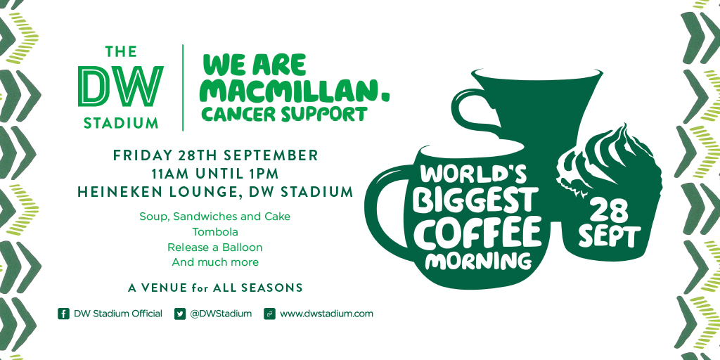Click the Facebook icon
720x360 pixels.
click(x=63, y=314)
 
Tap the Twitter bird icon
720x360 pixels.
click(x=180, y=314)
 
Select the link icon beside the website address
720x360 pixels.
click(x=269, y=314)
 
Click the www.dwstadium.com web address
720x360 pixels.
click(x=326, y=314)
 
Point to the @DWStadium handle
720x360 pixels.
click(x=221, y=314)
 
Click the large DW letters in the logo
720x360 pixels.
click(x=120, y=86)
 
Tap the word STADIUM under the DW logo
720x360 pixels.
click(x=121, y=123)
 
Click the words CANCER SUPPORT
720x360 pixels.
click(x=285, y=115)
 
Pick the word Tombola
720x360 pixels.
click(x=215, y=231)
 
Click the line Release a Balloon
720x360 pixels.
click(x=215, y=247)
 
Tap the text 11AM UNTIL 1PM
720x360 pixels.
click(x=215, y=174)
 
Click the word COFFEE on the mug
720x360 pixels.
click(x=481, y=233)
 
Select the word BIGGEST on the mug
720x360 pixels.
click(x=475, y=202)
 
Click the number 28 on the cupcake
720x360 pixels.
click(x=608, y=211)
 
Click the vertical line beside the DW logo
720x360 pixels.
click(x=184, y=88)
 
